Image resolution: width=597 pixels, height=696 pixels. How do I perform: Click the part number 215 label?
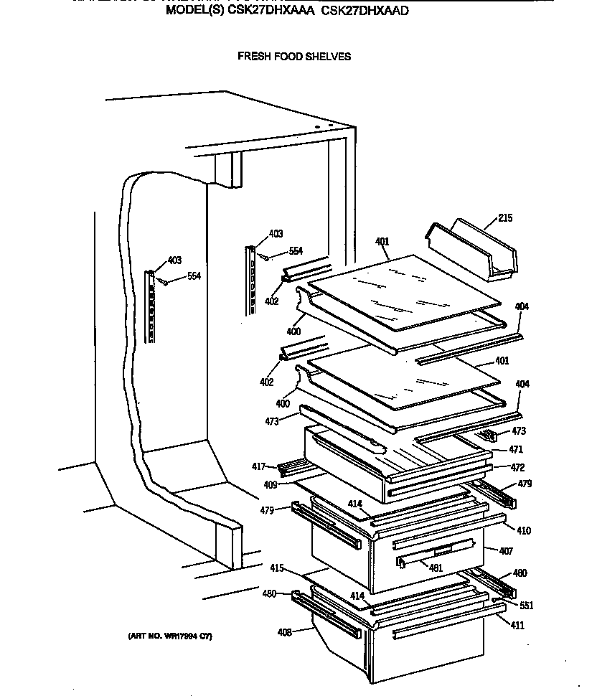[505, 218]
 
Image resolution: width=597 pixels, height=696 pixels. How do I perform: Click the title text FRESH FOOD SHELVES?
[294, 56]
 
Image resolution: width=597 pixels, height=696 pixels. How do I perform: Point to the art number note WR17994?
[170, 636]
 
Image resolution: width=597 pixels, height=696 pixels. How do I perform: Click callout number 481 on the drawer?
[434, 568]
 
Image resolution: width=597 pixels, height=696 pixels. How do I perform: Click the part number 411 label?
[517, 626]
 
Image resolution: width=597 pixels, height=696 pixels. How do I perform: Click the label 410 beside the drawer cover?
[524, 531]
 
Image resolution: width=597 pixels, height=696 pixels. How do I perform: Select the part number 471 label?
[516, 449]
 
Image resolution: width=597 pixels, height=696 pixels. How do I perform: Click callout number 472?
[517, 467]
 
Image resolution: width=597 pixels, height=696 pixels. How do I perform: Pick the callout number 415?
[278, 568]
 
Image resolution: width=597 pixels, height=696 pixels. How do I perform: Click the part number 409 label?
[270, 484]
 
